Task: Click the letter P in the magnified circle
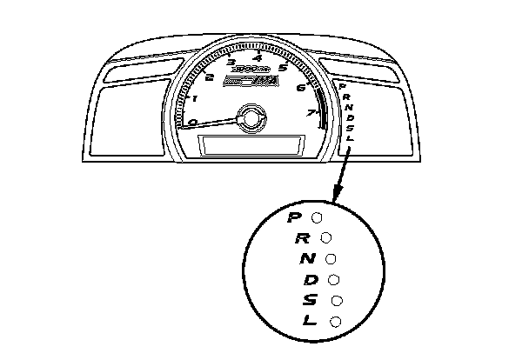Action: coord(295,217)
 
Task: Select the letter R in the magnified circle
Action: coord(302,237)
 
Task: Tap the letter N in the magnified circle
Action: coord(307,259)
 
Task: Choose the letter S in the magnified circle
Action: coord(311,301)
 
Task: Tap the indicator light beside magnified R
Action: coord(326,237)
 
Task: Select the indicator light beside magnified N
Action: coord(331,258)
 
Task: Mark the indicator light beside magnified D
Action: coord(333,280)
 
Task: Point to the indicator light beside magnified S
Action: coord(336,301)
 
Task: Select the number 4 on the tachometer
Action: coord(258,57)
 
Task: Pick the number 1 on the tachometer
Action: coord(193,98)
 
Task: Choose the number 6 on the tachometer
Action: coord(300,87)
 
